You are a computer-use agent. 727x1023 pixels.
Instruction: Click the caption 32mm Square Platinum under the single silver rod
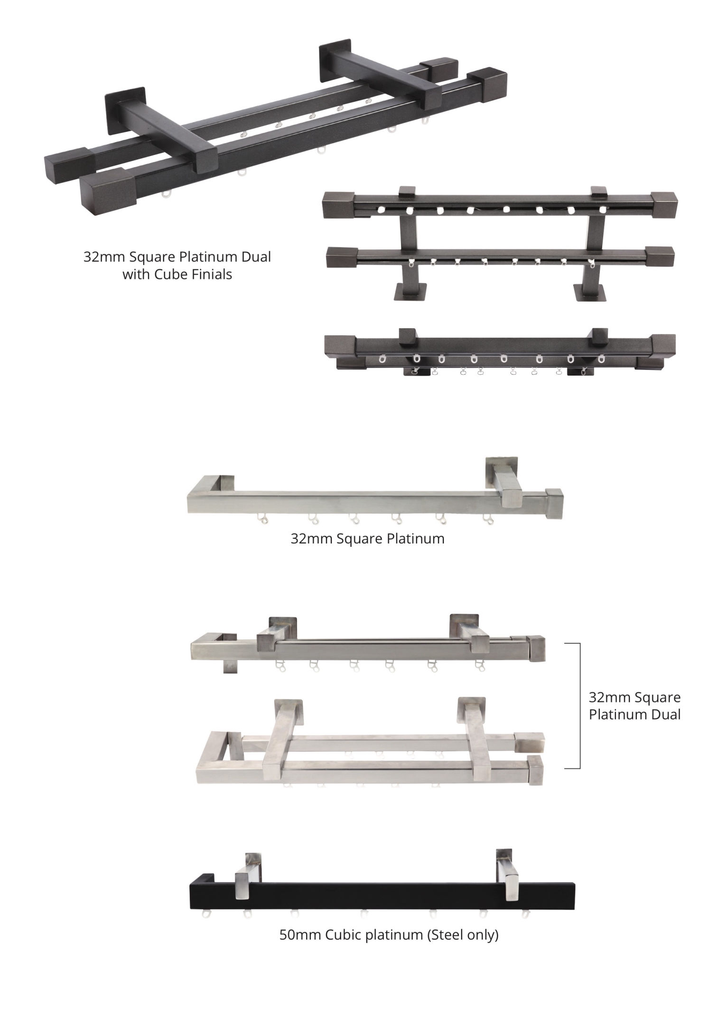pyautogui.click(x=368, y=539)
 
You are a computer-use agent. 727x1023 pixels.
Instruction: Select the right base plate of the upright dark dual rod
pyautogui.click(x=590, y=292)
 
